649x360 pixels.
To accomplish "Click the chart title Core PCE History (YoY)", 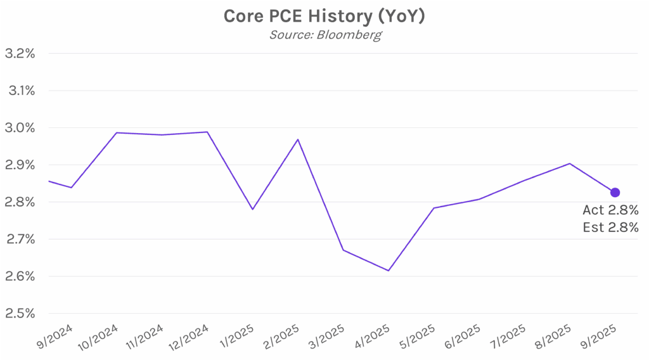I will (x=324, y=16).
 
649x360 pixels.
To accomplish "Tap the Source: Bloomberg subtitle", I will (x=324, y=34).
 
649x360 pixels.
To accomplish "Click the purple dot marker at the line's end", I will (x=615, y=192).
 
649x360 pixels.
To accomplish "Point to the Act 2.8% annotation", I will (x=610, y=210).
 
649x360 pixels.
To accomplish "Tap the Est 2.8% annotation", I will (x=610, y=228).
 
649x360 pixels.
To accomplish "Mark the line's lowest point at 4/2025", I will (x=389, y=271).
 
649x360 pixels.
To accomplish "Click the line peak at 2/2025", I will (x=298, y=139).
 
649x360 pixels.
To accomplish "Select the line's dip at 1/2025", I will (x=253, y=209).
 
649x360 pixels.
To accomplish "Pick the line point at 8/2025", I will (x=570, y=164).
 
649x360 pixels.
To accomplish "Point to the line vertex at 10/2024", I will (x=117, y=132).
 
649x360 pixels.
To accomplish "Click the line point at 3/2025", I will (x=344, y=250).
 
